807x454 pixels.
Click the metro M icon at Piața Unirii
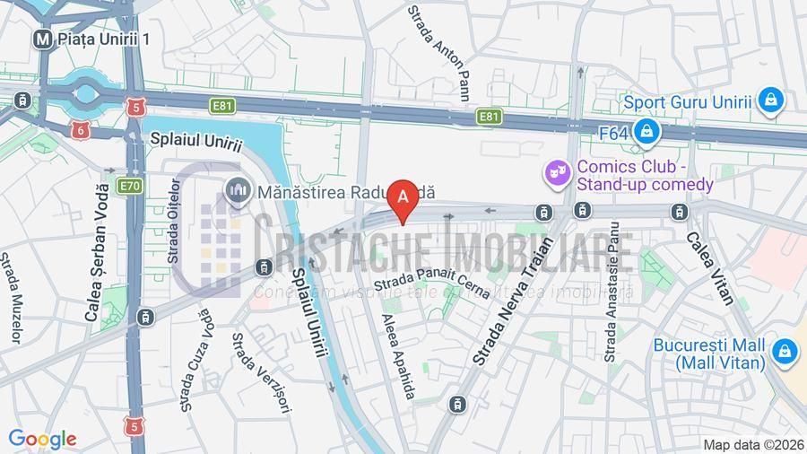tap(41, 39)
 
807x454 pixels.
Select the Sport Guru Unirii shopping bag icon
tap(769, 101)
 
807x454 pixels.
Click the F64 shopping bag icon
tap(645, 133)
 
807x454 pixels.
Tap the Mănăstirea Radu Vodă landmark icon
tap(239, 191)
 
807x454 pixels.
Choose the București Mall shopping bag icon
tap(785, 354)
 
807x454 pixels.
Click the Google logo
tap(42, 439)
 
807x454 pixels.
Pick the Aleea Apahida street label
tap(399, 356)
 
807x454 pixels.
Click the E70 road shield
tap(129, 186)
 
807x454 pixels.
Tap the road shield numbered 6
tap(81, 130)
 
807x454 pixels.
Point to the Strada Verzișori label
tap(261, 373)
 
